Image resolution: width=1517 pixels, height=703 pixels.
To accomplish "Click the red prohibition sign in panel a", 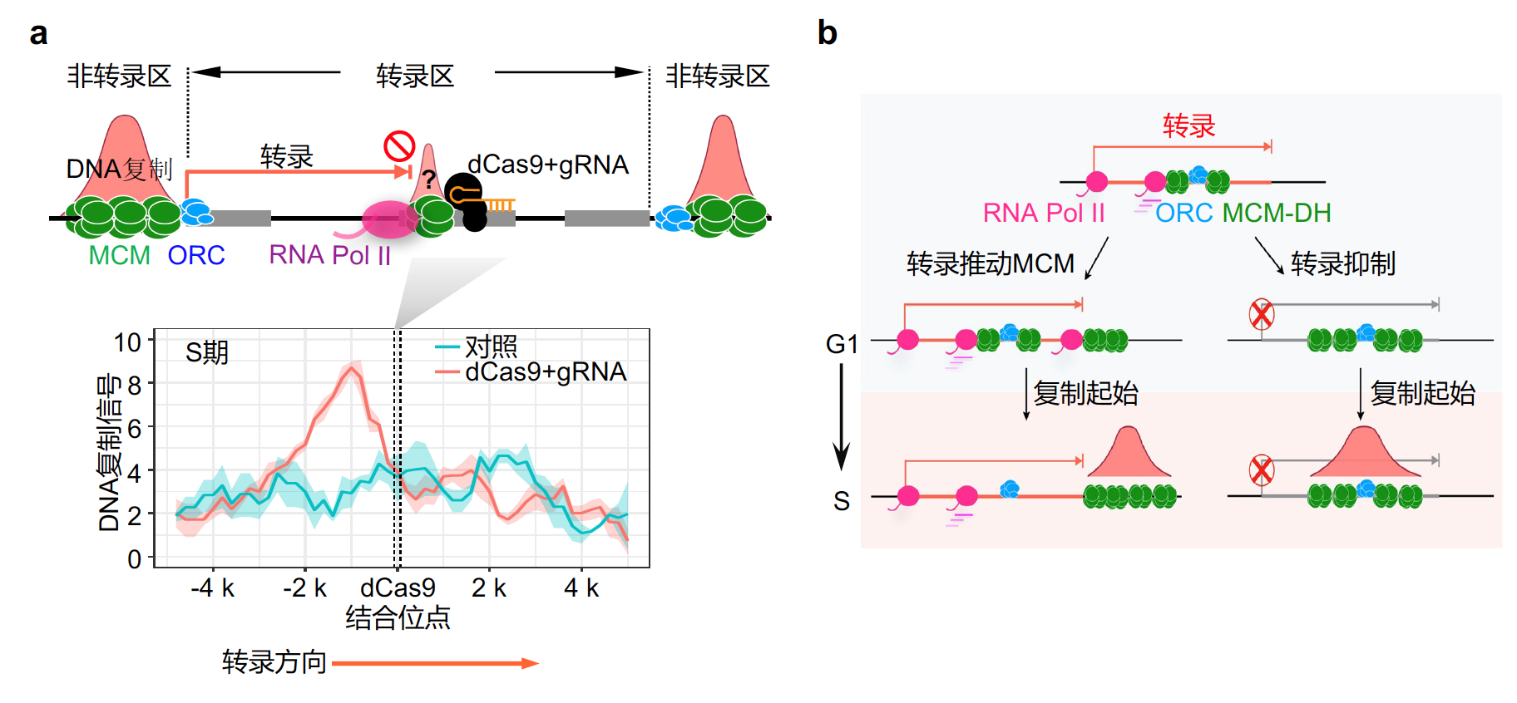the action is coord(399,146).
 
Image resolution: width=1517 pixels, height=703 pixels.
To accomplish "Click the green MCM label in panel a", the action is coord(120,255).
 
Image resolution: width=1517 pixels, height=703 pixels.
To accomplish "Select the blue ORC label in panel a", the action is coord(196,255).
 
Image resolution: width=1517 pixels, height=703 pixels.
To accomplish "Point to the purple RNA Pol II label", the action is coord(330,255).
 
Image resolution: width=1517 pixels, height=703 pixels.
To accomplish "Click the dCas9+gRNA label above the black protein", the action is coord(548,165).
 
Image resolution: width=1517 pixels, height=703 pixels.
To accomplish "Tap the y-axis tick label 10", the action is coord(128,342).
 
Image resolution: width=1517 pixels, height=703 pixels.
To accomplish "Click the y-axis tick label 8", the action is coord(135,385).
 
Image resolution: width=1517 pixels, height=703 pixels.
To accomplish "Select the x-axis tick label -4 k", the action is coord(213,588).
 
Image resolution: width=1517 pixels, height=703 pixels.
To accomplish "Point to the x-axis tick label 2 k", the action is coord(489,588).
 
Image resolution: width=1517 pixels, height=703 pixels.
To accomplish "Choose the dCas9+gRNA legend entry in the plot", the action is coord(531,371).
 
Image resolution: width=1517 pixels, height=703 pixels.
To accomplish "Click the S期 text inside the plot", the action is coord(207,352).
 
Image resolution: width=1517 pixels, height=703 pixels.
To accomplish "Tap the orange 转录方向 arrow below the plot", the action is coord(436,663).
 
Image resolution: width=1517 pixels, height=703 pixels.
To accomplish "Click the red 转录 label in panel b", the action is coord(1189,125).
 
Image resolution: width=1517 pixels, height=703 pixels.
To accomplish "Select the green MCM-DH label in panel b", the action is coord(1277,214).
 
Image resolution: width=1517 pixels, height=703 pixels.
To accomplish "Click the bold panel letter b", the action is coord(828,33).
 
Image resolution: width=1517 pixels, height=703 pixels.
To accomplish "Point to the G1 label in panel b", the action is coord(842,343).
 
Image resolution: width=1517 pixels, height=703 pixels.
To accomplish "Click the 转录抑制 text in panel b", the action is coord(1343,263).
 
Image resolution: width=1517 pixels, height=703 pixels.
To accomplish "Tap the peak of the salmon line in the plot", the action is coord(353,368).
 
